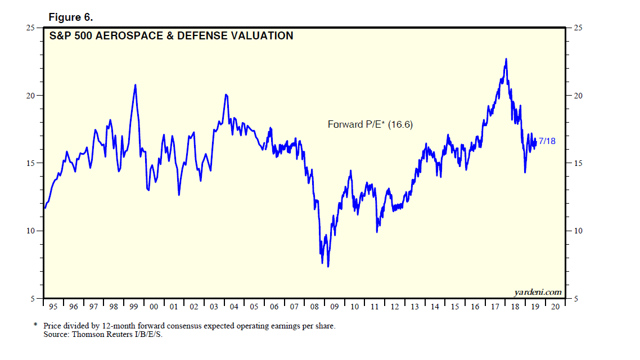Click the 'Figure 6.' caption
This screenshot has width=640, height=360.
(70, 17)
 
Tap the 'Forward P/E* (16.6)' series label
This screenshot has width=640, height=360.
(370, 125)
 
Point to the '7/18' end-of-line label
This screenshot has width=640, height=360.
(547, 141)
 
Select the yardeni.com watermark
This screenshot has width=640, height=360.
(538, 292)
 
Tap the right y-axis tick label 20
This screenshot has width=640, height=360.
(578, 96)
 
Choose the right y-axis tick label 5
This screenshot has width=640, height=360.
(575, 299)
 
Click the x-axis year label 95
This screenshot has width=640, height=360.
(53, 307)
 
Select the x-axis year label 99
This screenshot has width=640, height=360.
(134, 307)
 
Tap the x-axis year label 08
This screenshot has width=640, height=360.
(314, 307)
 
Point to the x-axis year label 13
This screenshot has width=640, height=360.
(415, 307)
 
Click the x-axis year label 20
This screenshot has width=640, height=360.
(556, 307)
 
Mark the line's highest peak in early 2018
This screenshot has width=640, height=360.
(506, 59)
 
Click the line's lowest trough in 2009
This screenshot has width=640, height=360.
(328, 266)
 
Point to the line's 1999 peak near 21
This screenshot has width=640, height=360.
(135, 85)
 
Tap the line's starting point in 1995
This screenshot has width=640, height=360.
(45, 208)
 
